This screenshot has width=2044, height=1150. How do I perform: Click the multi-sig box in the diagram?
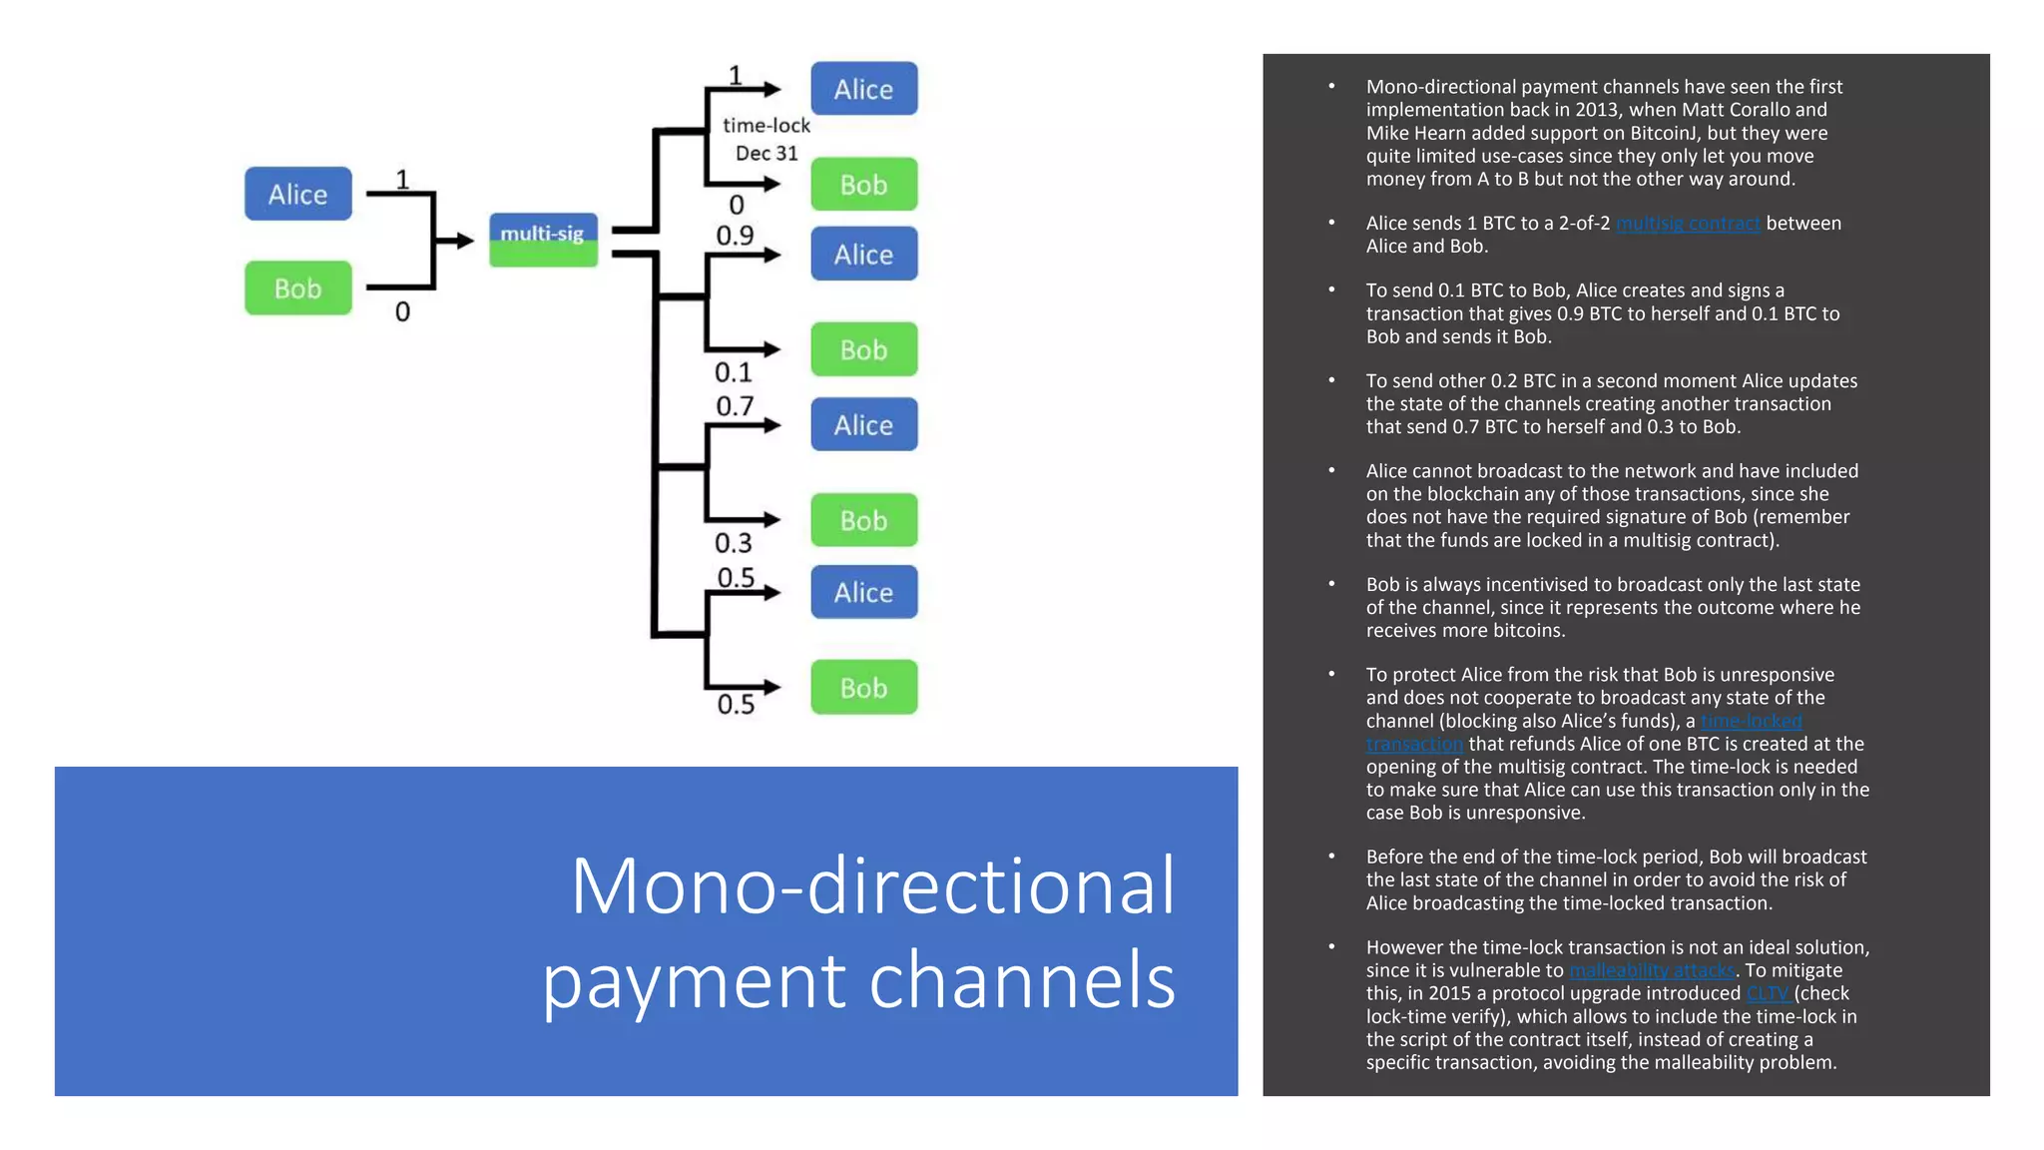tap(543, 240)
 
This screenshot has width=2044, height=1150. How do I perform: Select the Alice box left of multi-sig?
tap(297, 194)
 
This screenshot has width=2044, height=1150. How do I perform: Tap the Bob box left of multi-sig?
tap(297, 288)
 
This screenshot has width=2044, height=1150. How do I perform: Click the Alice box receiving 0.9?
tap(863, 255)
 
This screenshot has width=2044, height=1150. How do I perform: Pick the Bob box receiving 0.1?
tap(863, 349)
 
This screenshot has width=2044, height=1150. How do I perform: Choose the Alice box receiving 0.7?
tap(863, 425)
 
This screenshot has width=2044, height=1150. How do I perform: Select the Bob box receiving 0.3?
tap(863, 520)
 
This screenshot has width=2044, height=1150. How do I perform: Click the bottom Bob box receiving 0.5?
tap(863, 688)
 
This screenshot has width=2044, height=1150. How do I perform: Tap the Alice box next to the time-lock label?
tap(863, 89)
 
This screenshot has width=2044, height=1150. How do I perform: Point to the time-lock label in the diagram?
tap(766, 126)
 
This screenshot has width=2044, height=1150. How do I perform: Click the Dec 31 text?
tap(766, 154)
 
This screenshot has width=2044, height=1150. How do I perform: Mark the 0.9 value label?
tap(735, 236)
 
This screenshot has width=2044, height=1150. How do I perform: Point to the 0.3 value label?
tap(734, 543)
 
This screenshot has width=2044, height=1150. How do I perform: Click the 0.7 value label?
tap(735, 406)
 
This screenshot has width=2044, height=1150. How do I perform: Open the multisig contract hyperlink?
tap(1688, 224)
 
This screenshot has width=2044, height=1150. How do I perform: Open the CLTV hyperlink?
tap(1767, 993)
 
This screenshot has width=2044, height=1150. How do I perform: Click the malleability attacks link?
tap(1652, 970)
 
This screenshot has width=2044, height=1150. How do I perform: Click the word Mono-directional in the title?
tap(872, 885)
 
